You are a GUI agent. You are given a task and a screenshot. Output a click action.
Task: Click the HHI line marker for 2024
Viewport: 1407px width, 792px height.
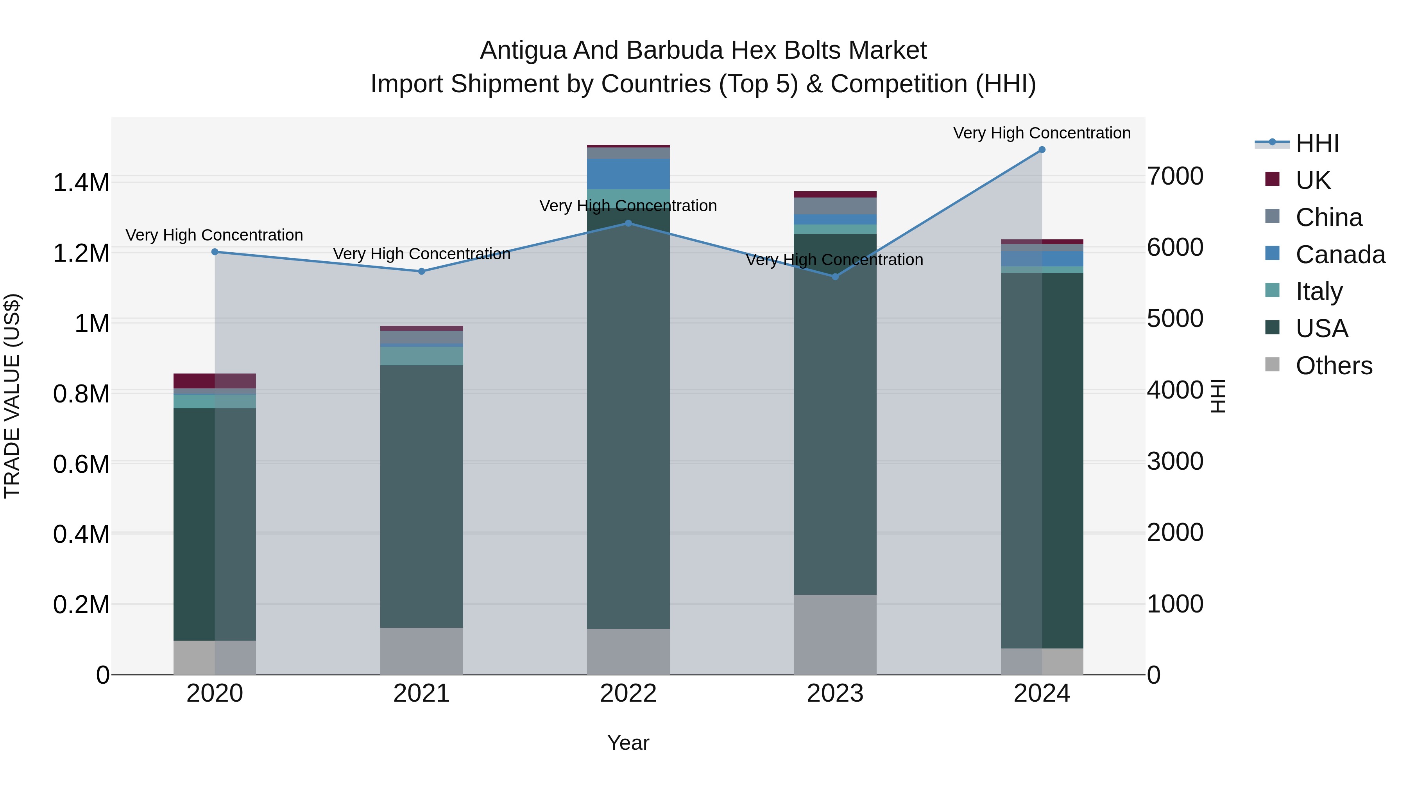(x=1042, y=150)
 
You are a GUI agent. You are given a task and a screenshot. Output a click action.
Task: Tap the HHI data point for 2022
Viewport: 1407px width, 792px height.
(x=628, y=223)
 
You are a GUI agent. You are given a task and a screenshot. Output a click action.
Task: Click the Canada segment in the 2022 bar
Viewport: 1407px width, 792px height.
(x=628, y=174)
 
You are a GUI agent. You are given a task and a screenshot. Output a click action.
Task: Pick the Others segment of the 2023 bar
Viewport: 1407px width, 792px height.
(x=834, y=634)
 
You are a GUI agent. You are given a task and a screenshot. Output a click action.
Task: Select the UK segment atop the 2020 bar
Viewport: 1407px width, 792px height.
(x=214, y=381)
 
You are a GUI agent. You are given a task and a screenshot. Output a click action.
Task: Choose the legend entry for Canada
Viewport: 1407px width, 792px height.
(x=1340, y=255)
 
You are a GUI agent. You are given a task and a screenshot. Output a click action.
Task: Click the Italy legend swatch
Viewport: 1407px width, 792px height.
(x=1272, y=290)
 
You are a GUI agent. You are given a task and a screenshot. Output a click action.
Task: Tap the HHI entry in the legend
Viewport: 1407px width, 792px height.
(x=1317, y=143)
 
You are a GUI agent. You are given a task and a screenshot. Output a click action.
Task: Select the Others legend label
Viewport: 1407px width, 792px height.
(x=1333, y=366)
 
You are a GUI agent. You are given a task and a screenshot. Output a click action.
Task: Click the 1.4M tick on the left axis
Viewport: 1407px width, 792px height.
(x=81, y=183)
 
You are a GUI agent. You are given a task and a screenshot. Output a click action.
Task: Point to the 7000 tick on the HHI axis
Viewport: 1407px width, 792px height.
(x=1175, y=176)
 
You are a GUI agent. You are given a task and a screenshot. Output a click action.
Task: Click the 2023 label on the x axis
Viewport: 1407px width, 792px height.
(x=834, y=693)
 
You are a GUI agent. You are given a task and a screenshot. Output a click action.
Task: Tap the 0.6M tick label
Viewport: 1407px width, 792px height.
(x=81, y=464)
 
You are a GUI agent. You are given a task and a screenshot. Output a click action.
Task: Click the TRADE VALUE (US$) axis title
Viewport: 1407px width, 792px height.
(x=12, y=396)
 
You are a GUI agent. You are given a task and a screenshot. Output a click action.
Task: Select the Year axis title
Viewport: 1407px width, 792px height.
(x=628, y=743)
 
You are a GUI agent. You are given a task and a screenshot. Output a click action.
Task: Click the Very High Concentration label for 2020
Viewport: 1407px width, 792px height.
(x=214, y=235)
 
